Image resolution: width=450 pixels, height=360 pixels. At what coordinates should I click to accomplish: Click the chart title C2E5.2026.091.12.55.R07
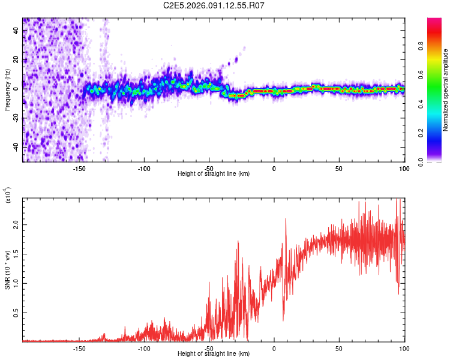[214, 6]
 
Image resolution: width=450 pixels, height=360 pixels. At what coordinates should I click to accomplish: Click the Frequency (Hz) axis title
[7, 90]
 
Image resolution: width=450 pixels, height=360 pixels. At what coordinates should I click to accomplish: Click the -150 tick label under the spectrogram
[79, 169]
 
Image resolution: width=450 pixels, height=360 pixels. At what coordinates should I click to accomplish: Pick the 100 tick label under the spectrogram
[403, 169]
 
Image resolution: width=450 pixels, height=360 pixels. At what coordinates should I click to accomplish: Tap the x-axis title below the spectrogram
[214, 174]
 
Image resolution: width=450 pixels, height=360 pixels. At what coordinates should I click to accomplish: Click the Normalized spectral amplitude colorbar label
[445, 90]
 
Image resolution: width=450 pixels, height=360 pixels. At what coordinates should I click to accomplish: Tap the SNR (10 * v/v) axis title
[7, 269]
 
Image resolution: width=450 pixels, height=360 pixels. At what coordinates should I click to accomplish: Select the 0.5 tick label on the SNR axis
[16, 312]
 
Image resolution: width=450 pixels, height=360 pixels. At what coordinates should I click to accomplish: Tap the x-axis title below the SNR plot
[214, 354]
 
